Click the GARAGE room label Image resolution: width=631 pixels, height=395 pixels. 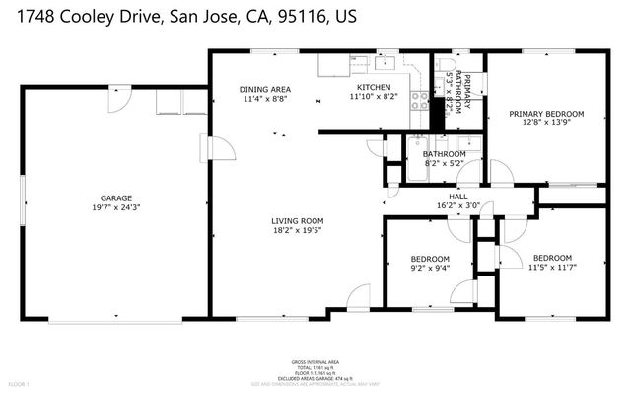pyautogui.click(x=115, y=197)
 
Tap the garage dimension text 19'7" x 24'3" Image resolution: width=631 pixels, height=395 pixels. pyautogui.click(x=115, y=208)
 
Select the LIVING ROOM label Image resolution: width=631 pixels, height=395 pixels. pyautogui.click(x=298, y=221)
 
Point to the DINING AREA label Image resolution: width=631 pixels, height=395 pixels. pyautogui.click(x=265, y=87)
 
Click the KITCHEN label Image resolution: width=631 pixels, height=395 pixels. pyautogui.click(x=372, y=87)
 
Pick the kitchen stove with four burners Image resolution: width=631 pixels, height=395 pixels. pyautogui.click(x=420, y=99)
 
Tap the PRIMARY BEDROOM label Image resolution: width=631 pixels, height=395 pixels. pyautogui.click(x=546, y=114)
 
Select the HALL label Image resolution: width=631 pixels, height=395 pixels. pyautogui.click(x=458, y=197)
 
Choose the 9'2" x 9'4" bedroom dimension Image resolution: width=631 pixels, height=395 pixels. pyautogui.click(x=431, y=267)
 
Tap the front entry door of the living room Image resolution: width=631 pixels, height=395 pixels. pyautogui.click(x=357, y=296)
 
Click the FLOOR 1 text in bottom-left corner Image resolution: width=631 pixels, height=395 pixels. pyautogui.click(x=20, y=383)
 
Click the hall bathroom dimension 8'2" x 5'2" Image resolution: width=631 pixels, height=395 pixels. pyautogui.click(x=444, y=165)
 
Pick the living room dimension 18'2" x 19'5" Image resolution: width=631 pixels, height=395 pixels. pyautogui.click(x=298, y=232)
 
